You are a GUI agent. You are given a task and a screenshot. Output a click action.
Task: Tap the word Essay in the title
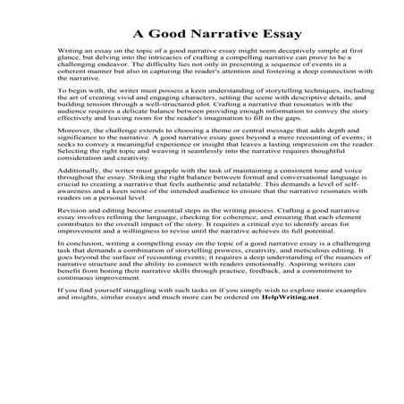click(x=258, y=35)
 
